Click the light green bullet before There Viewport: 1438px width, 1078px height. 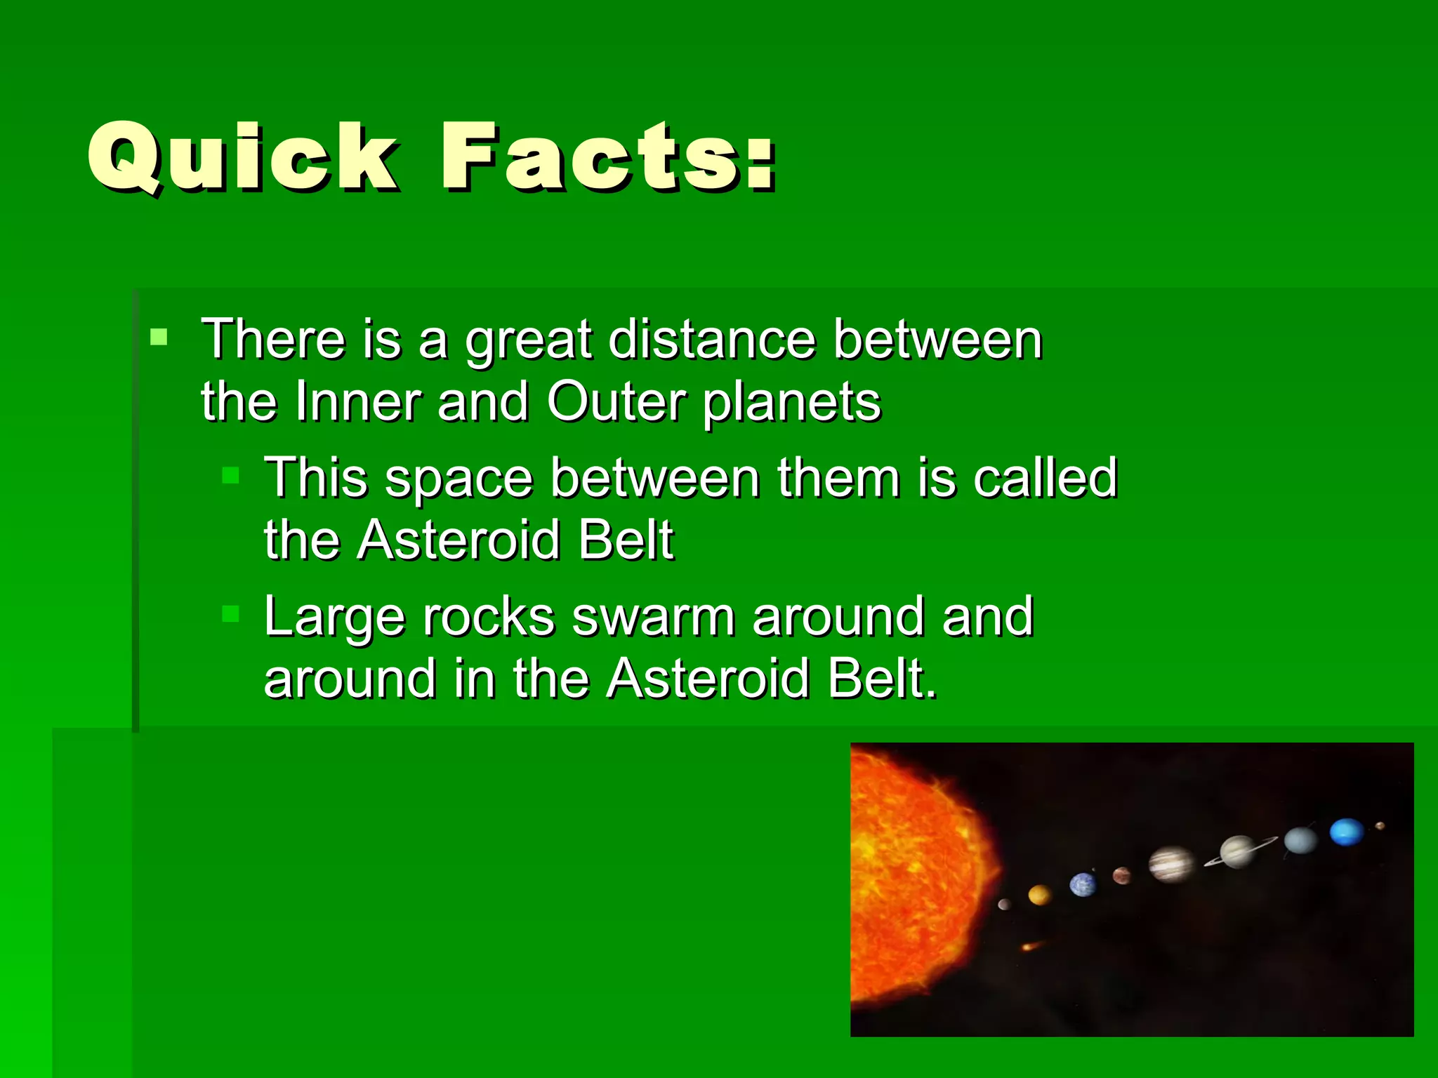tap(159, 337)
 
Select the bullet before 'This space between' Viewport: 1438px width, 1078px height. tap(230, 477)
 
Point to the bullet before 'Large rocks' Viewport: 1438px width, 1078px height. tap(230, 615)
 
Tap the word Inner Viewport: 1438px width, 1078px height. tap(357, 402)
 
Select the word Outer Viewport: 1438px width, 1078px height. tap(616, 402)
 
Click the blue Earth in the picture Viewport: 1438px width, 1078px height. tap(1082, 884)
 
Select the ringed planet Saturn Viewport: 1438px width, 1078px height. tap(1238, 851)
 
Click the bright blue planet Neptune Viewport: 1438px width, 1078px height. tap(1346, 832)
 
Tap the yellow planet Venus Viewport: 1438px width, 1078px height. tap(1039, 895)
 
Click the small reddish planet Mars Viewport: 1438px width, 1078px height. tap(1121, 875)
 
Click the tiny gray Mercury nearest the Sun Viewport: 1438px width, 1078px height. tap(1004, 905)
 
